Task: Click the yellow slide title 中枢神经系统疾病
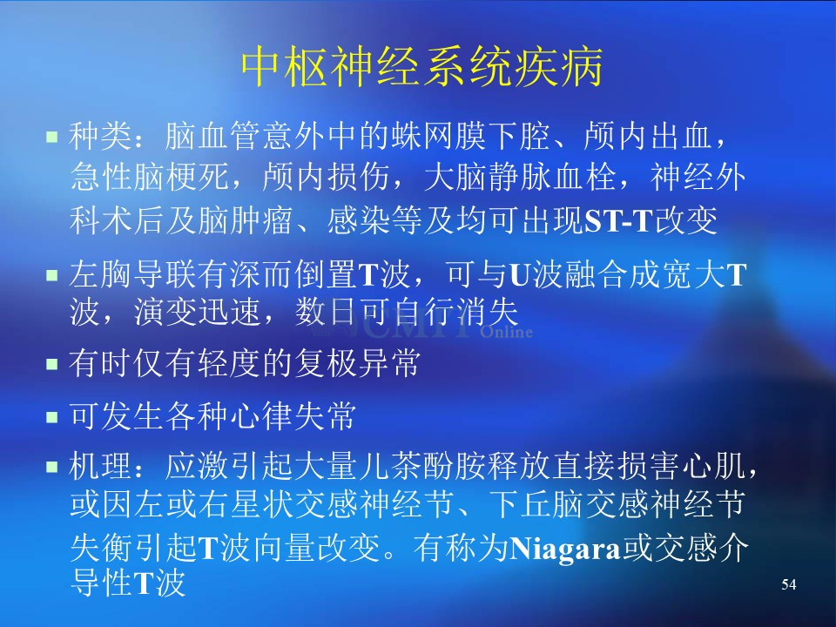tap(421, 67)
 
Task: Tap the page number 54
tap(789, 584)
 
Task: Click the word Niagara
tap(566, 548)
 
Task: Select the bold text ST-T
tap(619, 220)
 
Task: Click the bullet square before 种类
tap(51, 137)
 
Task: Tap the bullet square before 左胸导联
tap(51, 275)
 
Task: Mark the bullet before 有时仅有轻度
tap(51, 364)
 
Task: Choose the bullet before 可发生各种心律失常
tap(51, 416)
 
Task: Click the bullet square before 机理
tap(51, 467)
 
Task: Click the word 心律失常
tap(293, 416)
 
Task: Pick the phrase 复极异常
tap(357, 364)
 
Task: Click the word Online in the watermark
tap(507, 332)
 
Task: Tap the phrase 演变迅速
tap(198, 312)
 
